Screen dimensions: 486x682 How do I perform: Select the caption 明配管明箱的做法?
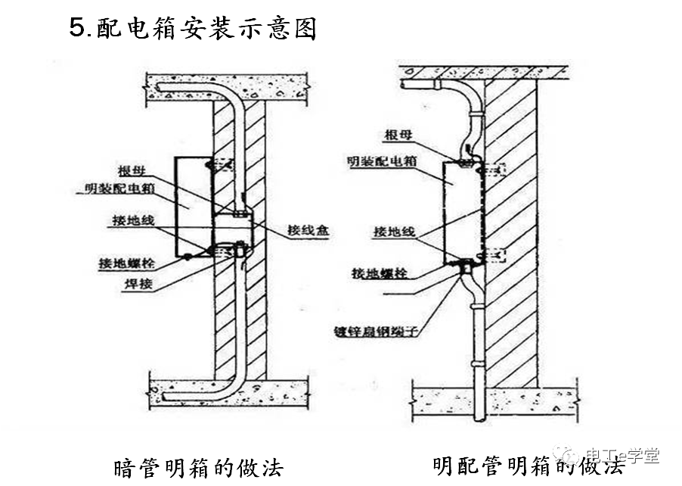click(529, 465)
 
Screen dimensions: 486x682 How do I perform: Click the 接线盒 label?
click(308, 232)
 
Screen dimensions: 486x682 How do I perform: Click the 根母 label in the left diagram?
click(132, 170)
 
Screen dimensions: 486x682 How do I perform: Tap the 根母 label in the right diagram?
click(398, 134)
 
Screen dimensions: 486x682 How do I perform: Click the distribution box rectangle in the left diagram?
click(194, 206)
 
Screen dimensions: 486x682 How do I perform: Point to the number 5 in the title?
click(76, 28)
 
